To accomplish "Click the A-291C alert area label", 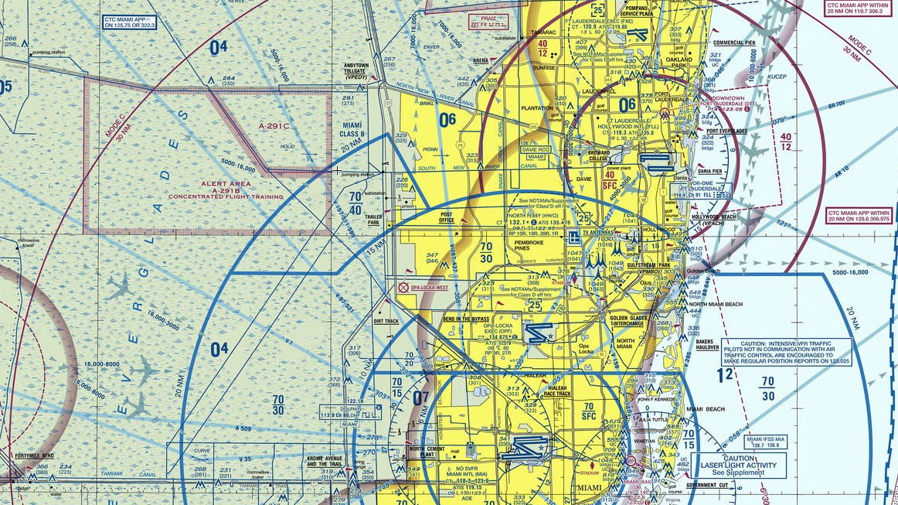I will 274,125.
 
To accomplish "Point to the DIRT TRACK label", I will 386,320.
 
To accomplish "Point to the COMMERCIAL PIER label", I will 734,43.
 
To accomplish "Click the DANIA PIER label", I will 709,171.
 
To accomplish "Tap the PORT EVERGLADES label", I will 723,131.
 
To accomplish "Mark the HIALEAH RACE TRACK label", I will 558,391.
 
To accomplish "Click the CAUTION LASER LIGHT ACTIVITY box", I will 744,464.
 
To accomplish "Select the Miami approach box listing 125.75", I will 129,22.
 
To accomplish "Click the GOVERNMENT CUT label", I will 706,485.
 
